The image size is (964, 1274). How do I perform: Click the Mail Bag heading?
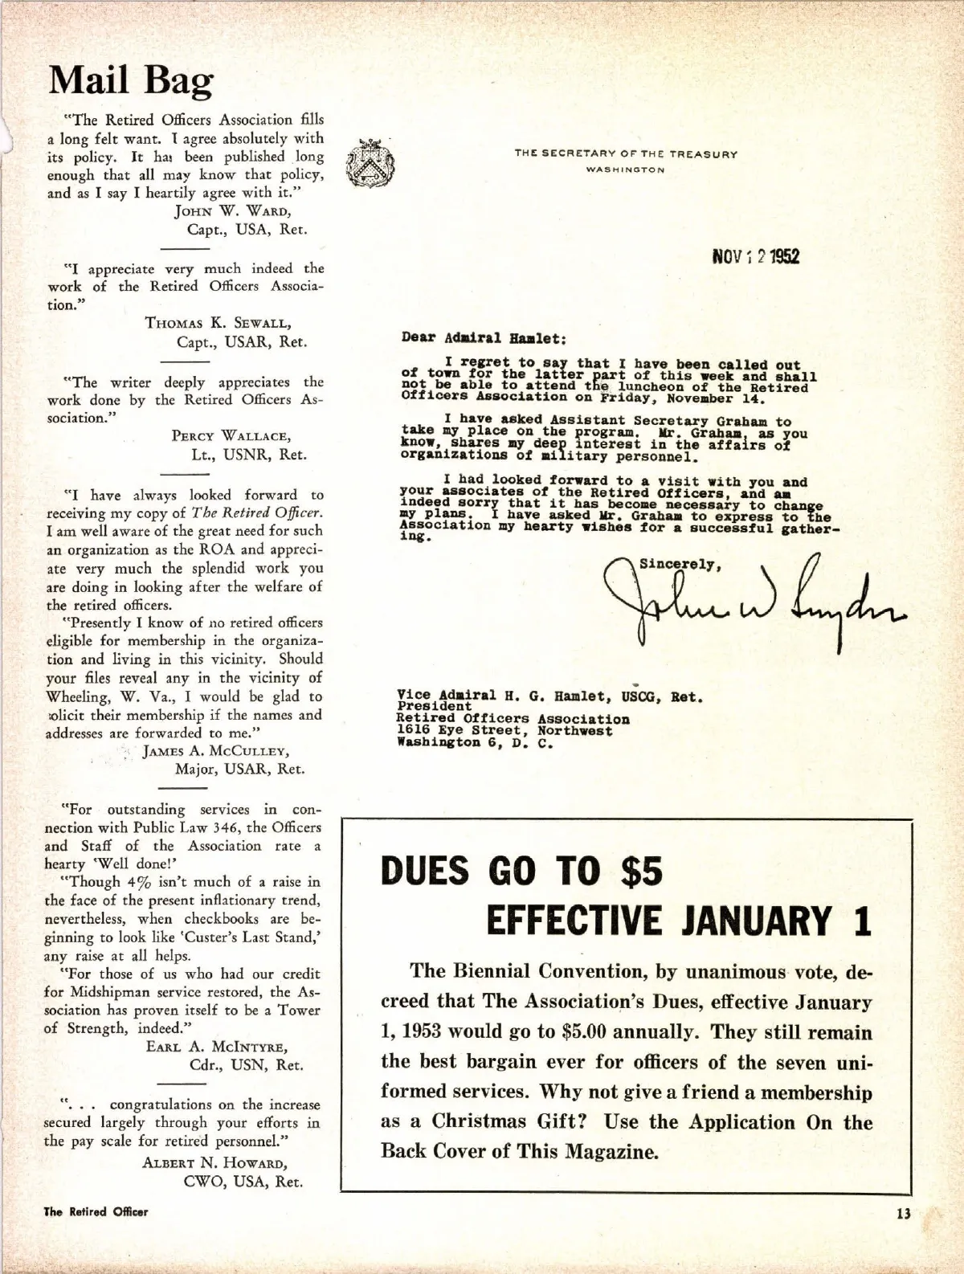click(131, 81)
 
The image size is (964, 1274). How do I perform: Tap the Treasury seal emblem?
click(368, 163)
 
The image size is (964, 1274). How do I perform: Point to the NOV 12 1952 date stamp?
click(755, 256)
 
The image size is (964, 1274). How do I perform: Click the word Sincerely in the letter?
click(680, 563)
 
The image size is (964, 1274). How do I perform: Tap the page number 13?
click(904, 1214)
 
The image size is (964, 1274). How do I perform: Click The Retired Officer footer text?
click(96, 1211)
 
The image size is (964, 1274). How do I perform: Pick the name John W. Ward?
click(232, 211)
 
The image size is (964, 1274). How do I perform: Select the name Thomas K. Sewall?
click(219, 323)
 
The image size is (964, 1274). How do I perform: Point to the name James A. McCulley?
click(216, 751)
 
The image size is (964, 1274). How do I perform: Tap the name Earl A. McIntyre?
click(217, 1047)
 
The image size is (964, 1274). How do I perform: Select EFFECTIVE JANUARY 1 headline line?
click(679, 921)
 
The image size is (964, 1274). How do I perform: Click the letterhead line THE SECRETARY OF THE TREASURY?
click(626, 154)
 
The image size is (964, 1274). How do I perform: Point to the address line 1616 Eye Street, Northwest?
click(505, 731)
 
